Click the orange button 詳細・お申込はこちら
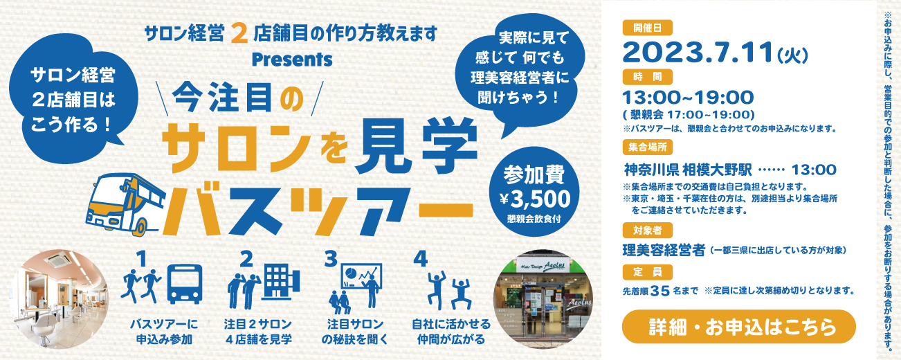pyautogui.click(x=738, y=327)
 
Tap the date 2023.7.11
pyautogui.click(x=698, y=53)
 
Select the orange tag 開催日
pyautogui.click(x=647, y=28)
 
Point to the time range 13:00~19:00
pyautogui.click(x=688, y=98)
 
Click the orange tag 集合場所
pyautogui.click(x=647, y=147)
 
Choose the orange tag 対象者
pyautogui.click(x=647, y=231)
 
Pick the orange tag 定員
pyautogui.click(x=647, y=272)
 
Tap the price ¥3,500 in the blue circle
pyautogui.click(x=534, y=199)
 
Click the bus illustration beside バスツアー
pyautogui.click(x=126, y=204)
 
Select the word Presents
pyautogui.click(x=292, y=60)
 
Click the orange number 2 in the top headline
pyautogui.click(x=239, y=33)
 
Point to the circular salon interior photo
pyautogui.click(x=59, y=299)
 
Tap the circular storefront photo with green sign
pyautogui.click(x=543, y=299)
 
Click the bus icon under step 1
pyautogui.click(x=185, y=284)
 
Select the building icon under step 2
pyautogui.click(x=281, y=282)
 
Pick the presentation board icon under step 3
pyautogui.click(x=361, y=276)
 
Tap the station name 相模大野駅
pyautogui.click(x=717, y=170)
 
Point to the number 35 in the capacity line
pyautogui.click(x=659, y=291)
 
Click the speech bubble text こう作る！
pyautogui.click(x=71, y=125)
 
